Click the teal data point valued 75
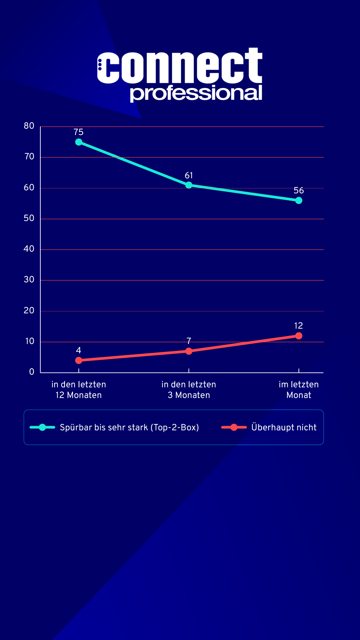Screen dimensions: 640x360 point(79,142)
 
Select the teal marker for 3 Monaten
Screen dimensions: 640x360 point(189,185)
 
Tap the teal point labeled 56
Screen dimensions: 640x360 point(299,200)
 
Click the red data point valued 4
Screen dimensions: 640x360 point(79,360)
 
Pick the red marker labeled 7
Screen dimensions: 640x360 point(189,351)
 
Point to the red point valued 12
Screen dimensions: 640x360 point(299,336)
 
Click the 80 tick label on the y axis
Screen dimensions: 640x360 point(29,126)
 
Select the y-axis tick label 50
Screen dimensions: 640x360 point(29,218)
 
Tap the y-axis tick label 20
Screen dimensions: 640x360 point(29,311)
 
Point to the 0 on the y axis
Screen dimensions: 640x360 point(32,372)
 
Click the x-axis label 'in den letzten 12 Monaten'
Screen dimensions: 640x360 point(79,390)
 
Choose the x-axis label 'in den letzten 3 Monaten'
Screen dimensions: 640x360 point(189,390)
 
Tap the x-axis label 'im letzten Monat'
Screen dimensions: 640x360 point(299,390)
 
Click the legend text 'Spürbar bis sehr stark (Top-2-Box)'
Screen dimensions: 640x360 point(129,427)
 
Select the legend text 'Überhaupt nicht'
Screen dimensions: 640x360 point(284,427)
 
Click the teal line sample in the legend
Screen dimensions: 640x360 point(42,427)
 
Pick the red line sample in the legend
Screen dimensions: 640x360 point(234,427)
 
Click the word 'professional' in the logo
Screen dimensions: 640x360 point(196,93)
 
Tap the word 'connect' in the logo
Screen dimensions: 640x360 point(180,67)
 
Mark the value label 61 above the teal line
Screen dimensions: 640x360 point(189,175)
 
